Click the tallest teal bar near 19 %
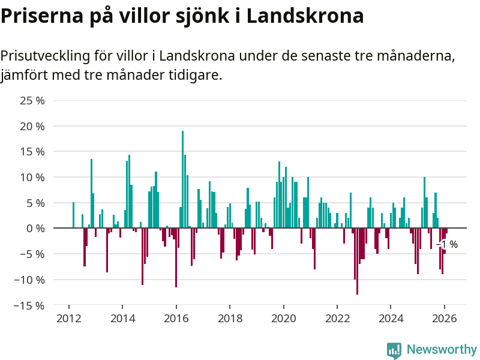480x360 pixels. pos(182,180)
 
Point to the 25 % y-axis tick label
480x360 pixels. pos(32,101)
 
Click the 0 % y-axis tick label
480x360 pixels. pos(35,229)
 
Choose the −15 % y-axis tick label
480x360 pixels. pos(29,305)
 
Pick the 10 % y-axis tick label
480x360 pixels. pos(32,178)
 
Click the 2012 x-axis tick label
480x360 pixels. pos(69,319)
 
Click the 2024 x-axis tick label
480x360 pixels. pos(391,319)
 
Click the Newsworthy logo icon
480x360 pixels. pos(394,350)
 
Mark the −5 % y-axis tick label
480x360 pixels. pos(32,254)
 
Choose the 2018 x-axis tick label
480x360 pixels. pos(230,319)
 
